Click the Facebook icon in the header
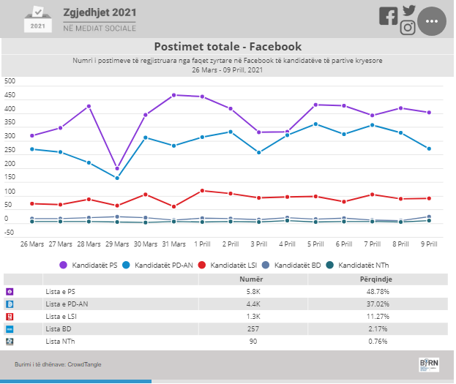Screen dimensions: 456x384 (389, 16)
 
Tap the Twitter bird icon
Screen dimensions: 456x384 (409, 10)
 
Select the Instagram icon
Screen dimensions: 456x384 (408, 28)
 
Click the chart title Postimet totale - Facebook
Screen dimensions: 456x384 (228, 47)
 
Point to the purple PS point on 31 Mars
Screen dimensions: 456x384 (174, 95)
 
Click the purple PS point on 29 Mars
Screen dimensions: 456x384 (117, 169)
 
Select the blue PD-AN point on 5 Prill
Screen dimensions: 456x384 (315, 124)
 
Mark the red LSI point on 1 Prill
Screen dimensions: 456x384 (203, 191)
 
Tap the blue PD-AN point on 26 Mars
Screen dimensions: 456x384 (32, 149)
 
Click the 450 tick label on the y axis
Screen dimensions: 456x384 (10, 95)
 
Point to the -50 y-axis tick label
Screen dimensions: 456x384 (9, 233)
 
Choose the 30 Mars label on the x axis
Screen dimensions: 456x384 (146, 244)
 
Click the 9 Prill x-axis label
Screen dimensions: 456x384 (429, 244)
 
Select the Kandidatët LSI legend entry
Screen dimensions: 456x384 (228, 265)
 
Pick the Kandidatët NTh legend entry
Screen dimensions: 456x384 (357, 265)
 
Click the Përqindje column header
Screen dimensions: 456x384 (376, 279)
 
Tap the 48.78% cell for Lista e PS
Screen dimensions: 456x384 (378, 292)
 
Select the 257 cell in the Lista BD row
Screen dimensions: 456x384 (253, 329)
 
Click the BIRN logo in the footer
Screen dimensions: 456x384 (429, 364)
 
